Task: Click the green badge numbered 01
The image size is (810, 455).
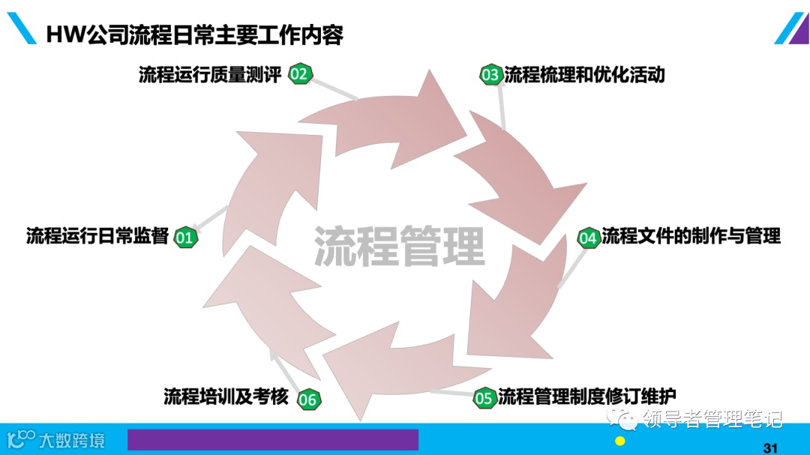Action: click(184, 238)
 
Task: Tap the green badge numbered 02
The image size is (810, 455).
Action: click(300, 73)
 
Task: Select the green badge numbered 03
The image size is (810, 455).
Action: click(490, 75)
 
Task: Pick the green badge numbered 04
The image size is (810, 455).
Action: click(588, 238)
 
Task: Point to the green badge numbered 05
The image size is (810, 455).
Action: click(484, 398)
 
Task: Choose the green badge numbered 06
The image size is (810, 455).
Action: click(307, 400)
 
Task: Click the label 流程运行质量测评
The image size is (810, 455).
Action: click(209, 74)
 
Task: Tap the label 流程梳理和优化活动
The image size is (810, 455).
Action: click(584, 74)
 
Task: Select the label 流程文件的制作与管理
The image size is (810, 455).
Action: click(691, 236)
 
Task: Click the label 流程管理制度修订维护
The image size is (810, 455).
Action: click(587, 396)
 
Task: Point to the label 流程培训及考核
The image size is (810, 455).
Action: click(226, 397)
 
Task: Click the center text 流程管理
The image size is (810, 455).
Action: click(399, 246)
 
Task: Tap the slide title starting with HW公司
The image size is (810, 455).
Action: click(194, 34)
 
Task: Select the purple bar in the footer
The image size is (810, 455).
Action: click(272, 439)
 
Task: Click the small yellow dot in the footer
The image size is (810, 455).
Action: click(620, 441)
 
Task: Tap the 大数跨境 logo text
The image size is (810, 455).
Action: click(72, 439)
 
